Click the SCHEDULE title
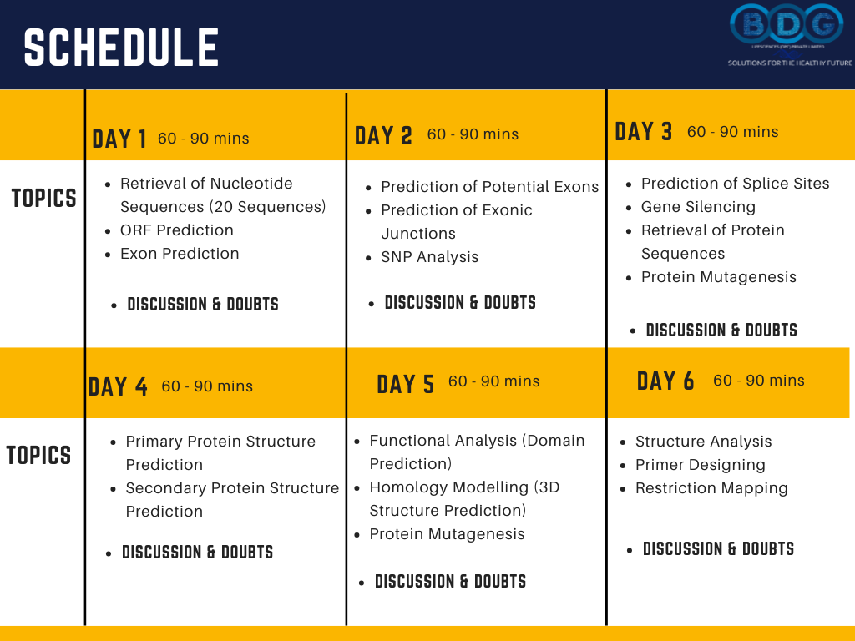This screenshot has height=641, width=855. (x=121, y=48)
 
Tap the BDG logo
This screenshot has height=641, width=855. (x=787, y=25)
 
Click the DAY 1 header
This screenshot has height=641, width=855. (x=119, y=139)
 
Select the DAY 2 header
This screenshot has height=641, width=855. (x=383, y=135)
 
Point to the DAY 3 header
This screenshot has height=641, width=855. (x=644, y=132)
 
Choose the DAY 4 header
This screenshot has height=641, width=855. (x=118, y=386)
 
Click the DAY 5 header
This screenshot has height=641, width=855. (x=406, y=384)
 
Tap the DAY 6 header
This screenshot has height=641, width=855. (x=665, y=381)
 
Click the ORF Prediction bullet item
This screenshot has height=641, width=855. (x=177, y=230)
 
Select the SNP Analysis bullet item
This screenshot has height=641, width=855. (x=429, y=257)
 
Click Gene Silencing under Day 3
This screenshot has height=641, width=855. (x=698, y=207)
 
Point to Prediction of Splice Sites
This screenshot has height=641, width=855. (x=735, y=184)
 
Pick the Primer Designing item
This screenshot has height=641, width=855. (x=700, y=465)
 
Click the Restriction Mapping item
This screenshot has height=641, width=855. (x=711, y=488)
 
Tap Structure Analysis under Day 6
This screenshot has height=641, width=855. (x=703, y=442)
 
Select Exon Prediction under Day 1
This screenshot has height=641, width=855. (x=180, y=254)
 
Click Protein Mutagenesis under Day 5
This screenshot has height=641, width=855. (x=447, y=534)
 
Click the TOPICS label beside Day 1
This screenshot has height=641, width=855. (x=43, y=199)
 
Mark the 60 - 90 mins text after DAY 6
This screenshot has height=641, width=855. (x=758, y=381)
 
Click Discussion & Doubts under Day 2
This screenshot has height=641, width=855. (x=460, y=303)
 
